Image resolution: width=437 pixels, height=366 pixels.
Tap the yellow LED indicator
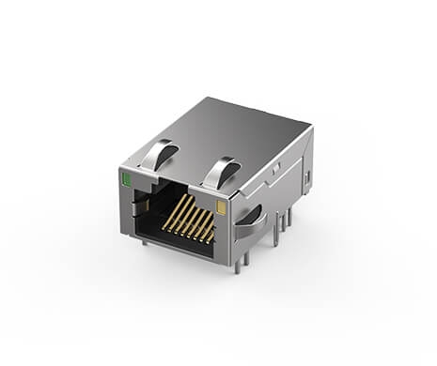(221, 207)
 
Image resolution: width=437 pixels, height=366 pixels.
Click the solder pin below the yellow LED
(237, 266)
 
